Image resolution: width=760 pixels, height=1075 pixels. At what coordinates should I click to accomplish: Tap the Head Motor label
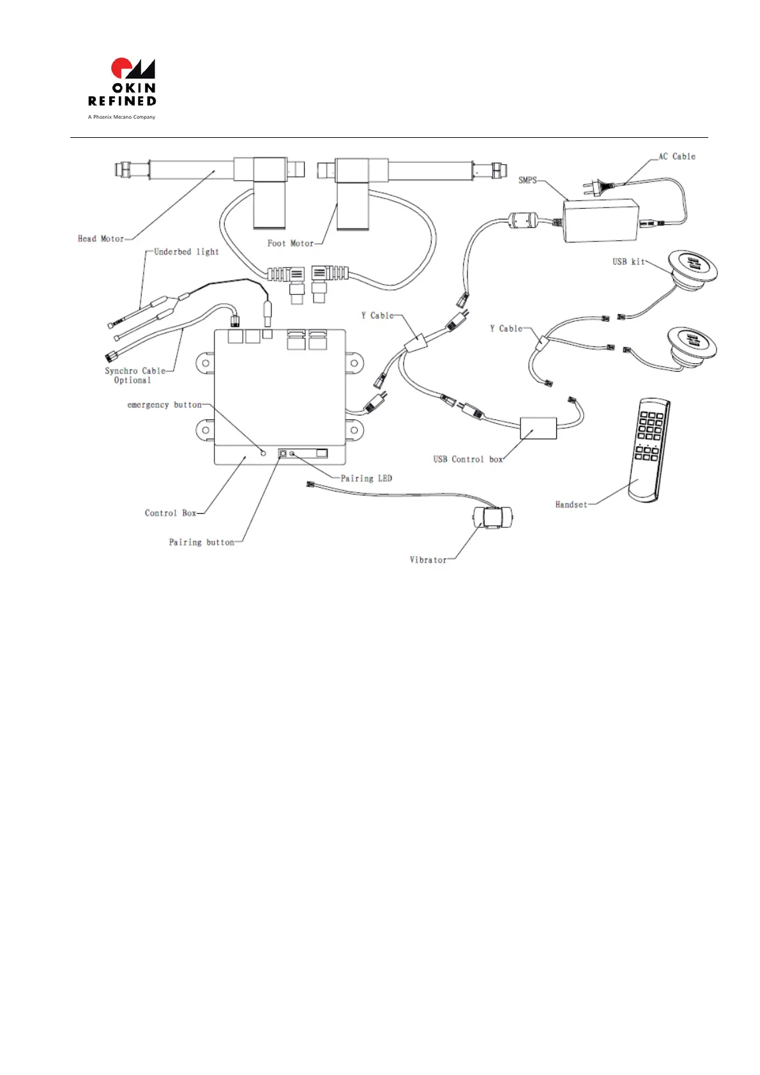[101, 239]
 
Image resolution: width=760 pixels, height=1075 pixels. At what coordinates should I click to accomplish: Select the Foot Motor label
[291, 243]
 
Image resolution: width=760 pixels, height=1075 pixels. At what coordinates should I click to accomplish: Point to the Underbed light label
[186, 252]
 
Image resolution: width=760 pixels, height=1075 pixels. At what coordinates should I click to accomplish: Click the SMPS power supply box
[600, 220]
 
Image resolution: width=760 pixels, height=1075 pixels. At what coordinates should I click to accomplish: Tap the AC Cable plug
[591, 186]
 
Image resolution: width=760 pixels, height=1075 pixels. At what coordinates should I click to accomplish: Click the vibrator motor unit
[492, 517]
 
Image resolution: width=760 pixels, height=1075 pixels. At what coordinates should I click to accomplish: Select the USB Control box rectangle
[538, 428]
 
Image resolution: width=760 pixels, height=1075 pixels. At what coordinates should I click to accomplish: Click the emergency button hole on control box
[263, 453]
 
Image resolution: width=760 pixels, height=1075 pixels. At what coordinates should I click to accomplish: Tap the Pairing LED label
[367, 478]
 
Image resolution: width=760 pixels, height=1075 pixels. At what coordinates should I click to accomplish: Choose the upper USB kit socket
[692, 264]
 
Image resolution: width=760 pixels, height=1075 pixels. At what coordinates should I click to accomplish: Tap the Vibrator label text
[428, 560]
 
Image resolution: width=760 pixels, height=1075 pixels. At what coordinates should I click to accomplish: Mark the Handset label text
[571, 504]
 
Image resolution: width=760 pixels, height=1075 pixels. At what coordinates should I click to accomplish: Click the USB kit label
[628, 261]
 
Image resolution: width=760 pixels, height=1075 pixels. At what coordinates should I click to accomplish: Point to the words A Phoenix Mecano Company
[121, 117]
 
